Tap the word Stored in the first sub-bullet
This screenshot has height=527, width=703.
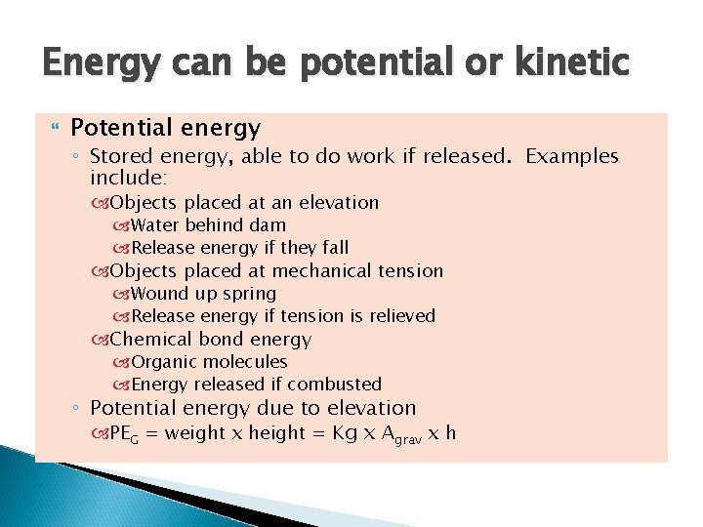pos(118,156)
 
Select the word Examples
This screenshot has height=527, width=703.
pos(571,156)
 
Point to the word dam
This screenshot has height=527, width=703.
pos(268,225)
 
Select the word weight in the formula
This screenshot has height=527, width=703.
pos(195,433)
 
